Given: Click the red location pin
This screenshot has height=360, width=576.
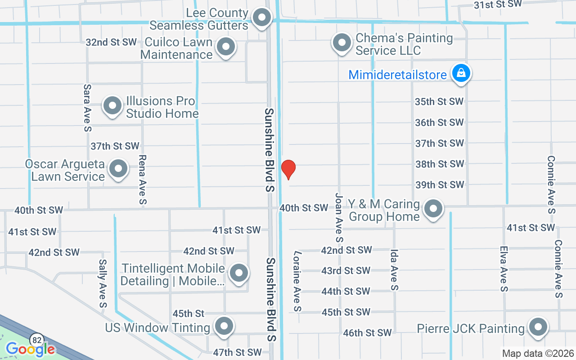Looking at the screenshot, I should coord(288,169).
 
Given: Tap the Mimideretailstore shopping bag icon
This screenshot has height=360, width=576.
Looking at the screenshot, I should coord(461,73).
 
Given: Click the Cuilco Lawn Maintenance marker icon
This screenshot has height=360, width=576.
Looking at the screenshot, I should coord(226,47).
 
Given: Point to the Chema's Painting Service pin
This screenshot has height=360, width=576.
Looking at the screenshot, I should coord(342,43).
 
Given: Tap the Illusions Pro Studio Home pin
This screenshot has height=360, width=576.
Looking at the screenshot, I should coord(112,106).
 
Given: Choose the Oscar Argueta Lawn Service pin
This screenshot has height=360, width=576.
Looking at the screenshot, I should coord(118,169).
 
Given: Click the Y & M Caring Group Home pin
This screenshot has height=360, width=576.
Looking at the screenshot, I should coord(433,209).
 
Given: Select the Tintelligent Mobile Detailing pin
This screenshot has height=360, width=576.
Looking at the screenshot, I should coord(239,273).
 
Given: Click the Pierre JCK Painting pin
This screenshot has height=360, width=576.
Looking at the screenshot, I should coord(537,328).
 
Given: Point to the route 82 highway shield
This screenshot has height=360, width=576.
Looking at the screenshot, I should coord(36,338).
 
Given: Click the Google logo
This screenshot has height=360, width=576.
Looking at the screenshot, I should coord(31,349).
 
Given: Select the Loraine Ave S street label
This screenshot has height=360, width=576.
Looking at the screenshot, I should coord(297,281).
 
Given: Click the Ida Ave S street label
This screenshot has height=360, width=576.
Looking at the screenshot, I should coord(394,270).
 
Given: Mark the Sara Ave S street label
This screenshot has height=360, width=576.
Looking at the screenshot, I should coord(87,108).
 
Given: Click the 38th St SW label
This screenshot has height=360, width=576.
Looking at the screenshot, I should coord(439,164).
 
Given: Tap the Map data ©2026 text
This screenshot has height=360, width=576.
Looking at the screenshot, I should coord(537,353).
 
